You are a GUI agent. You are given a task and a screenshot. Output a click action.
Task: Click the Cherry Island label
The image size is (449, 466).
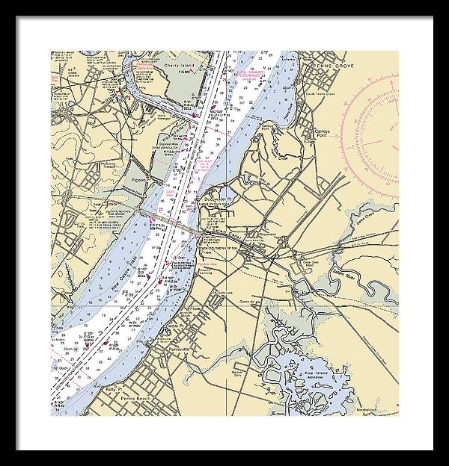click(x=180, y=66)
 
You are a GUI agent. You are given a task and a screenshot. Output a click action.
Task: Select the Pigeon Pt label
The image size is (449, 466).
click(x=141, y=179)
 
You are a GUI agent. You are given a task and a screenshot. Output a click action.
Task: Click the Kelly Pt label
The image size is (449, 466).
click(x=113, y=389)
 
